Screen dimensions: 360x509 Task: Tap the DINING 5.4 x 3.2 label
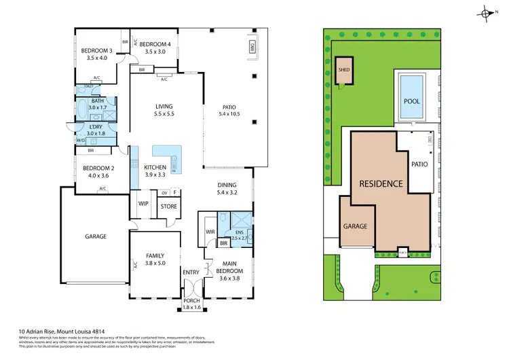click(x=227, y=189)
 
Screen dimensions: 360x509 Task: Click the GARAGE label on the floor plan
click(x=96, y=236)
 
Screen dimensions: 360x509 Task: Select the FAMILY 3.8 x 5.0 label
click(x=155, y=260)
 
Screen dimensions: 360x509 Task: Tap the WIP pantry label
click(x=143, y=202)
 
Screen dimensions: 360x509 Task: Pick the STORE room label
click(x=168, y=206)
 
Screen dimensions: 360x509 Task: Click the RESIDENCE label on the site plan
click(x=381, y=183)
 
